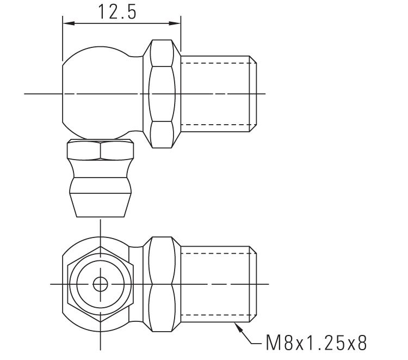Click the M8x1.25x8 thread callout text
tap(316, 343)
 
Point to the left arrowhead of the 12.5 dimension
tap(67, 23)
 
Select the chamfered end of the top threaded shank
tap(253, 94)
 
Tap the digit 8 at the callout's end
tap(360, 343)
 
